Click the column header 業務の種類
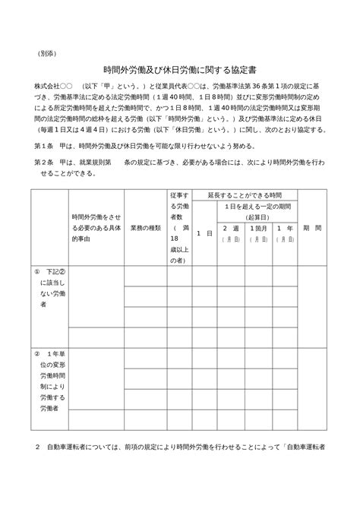coord(145,227)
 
